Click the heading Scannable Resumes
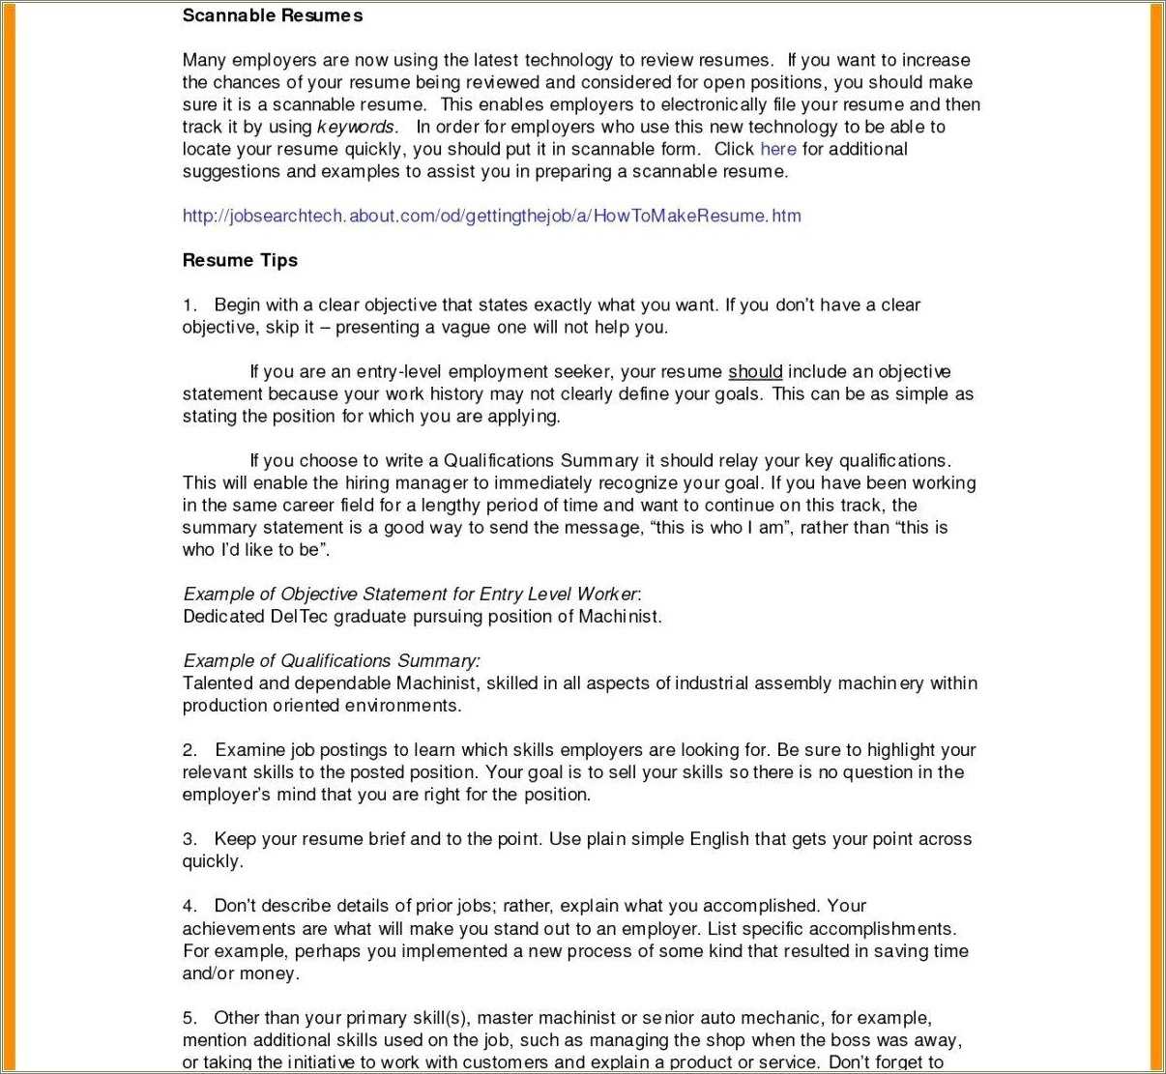[x=273, y=15]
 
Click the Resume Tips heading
[x=240, y=260]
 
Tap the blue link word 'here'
[x=778, y=149]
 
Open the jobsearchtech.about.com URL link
[x=491, y=216]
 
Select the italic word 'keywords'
[x=356, y=127]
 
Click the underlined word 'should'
[x=755, y=371]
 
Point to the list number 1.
[x=189, y=305]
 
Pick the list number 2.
[x=189, y=750]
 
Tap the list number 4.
[x=189, y=906]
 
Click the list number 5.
[x=189, y=1018]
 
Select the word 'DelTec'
[x=300, y=616]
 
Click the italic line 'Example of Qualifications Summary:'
[x=331, y=661]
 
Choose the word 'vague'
[x=467, y=327]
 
